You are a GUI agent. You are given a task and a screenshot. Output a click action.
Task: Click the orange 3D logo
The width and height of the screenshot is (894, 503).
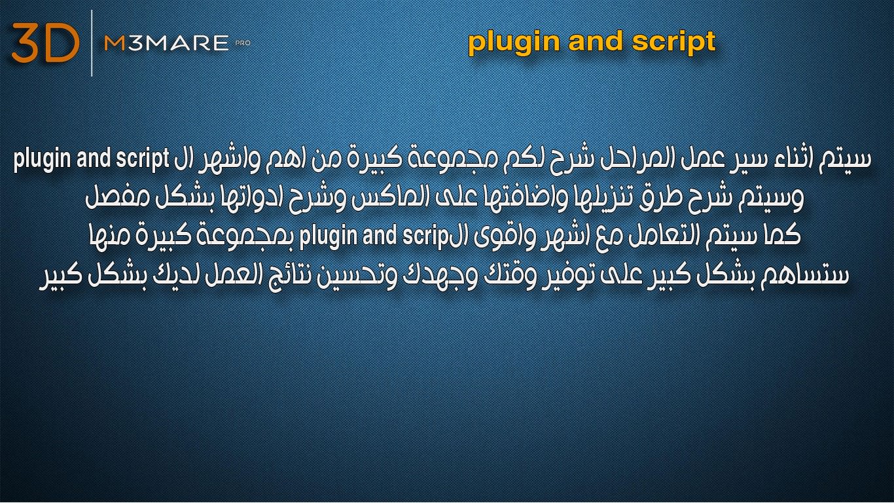point(46,43)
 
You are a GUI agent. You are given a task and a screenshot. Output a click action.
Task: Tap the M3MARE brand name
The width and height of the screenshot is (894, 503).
point(166,43)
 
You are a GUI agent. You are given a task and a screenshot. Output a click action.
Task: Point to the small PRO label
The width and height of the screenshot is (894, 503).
point(243,43)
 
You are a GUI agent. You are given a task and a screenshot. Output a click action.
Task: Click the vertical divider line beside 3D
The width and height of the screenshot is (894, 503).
point(92,43)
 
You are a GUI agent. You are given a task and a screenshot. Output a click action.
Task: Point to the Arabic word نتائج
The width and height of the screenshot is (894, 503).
point(283,276)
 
